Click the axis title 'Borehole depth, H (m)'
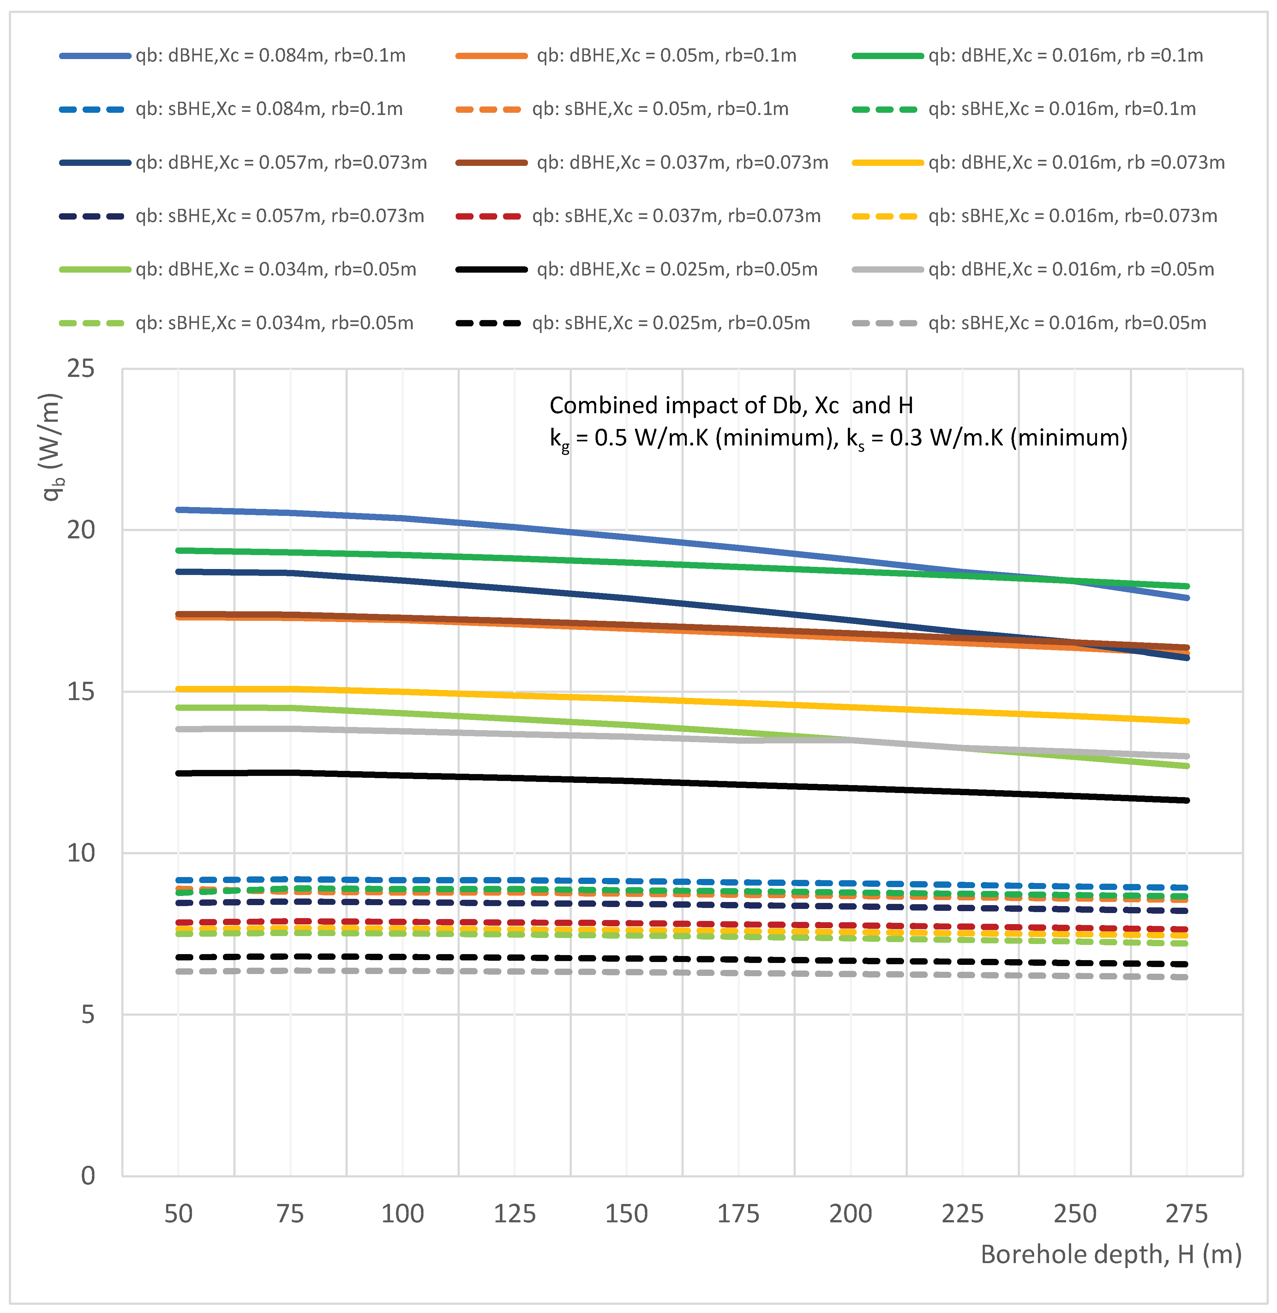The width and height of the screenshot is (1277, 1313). (1111, 1255)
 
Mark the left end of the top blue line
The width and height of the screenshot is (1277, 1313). (178, 510)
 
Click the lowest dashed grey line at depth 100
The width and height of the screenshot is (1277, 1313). (402, 971)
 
